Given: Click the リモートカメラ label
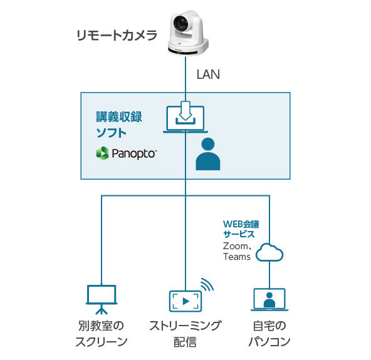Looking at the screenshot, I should click(116, 35).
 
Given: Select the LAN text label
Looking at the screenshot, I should click(209, 75).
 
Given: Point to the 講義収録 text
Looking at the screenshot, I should click(119, 117).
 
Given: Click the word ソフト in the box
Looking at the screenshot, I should click(111, 132).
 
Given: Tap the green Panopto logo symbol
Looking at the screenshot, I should click(102, 153).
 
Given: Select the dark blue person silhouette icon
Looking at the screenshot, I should click(208, 155).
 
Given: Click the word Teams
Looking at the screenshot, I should click(237, 257).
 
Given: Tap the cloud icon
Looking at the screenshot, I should click(269, 252).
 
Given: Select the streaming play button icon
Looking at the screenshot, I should click(185, 301).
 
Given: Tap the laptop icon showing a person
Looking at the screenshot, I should click(269, 300).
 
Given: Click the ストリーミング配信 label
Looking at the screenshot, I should click(185, 333).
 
